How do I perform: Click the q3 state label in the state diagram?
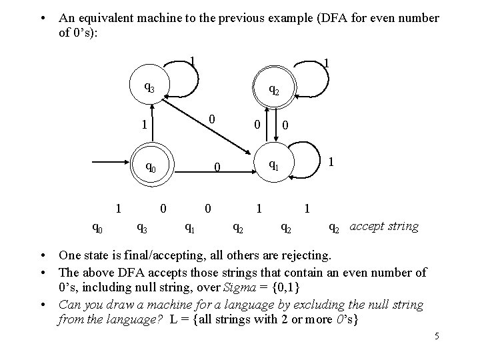[x=150, y=87]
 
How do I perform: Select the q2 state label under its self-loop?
[x=273, y=89]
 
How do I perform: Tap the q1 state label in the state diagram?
[x=273, y=164]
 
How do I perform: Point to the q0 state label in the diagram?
[x=151, y=167]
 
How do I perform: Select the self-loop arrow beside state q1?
[x=306, y=161]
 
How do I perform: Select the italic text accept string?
[x=385, y=226]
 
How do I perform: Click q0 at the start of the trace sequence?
[x=97, y=229]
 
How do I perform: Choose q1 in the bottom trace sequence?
[x=189, y=229]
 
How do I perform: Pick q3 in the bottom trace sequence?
[x=142, y=229]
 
